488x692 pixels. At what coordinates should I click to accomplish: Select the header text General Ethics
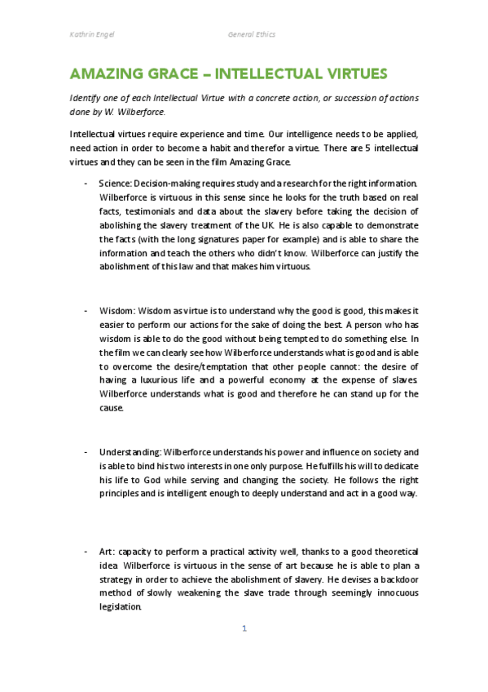pos(252,34)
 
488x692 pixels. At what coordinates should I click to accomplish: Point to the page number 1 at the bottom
pos(244,628)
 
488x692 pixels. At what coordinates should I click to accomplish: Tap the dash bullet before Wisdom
pos(86,311)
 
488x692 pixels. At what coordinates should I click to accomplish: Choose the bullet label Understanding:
pos(130,451)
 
